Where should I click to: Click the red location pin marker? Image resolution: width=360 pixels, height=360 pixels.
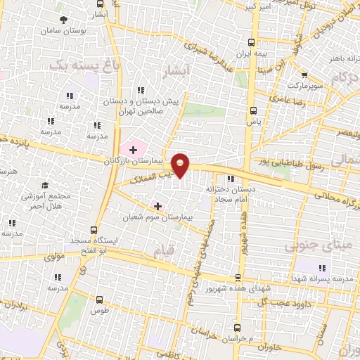pos(181,165)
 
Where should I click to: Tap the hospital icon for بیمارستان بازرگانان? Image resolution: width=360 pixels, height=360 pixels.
pos(133,150)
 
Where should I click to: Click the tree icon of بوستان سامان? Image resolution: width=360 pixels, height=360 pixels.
pos(65,20)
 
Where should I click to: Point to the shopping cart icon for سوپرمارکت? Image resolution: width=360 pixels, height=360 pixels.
pos(304,75)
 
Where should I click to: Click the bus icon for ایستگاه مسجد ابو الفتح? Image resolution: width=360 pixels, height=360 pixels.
pos(94,229)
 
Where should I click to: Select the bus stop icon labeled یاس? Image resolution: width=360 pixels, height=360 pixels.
pos(254,110)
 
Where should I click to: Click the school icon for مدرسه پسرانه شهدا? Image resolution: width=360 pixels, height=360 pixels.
pos(322,268)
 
